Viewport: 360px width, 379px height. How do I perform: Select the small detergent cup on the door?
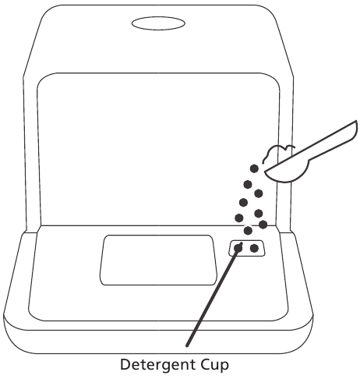coord(247,248)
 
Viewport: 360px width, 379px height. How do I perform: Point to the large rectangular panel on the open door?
coord(158,260)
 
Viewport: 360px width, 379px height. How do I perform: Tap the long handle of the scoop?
coord(333,143)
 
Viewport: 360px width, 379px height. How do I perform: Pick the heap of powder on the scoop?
coord(278,154)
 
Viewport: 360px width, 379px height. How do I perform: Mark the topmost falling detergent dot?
coord(254,168)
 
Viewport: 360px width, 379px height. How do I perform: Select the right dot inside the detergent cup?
coord(254,248)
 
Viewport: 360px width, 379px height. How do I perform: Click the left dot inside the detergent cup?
coord(238,248)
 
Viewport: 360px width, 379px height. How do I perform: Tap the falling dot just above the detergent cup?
coord(248,230)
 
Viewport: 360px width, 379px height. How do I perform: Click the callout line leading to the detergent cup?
coord(214,295)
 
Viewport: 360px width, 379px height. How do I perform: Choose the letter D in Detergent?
coord(125,364)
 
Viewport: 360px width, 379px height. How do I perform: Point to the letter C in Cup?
coord(205,364)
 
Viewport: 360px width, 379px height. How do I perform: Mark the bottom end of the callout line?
coord(187,345)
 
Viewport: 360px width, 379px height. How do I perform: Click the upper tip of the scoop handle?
coord(356,122)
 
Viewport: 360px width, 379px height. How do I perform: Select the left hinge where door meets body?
coord(32,232)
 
